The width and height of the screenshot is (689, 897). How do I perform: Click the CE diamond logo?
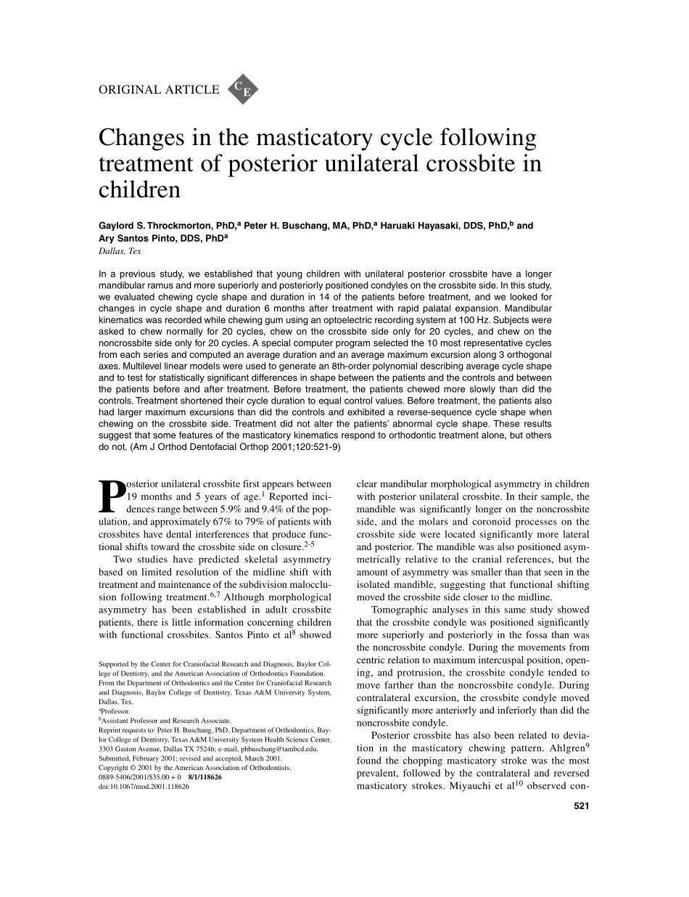pos(243,89)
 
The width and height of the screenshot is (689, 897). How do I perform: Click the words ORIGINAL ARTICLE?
pos(159,90)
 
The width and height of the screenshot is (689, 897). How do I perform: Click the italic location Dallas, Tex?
pos(120,251)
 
